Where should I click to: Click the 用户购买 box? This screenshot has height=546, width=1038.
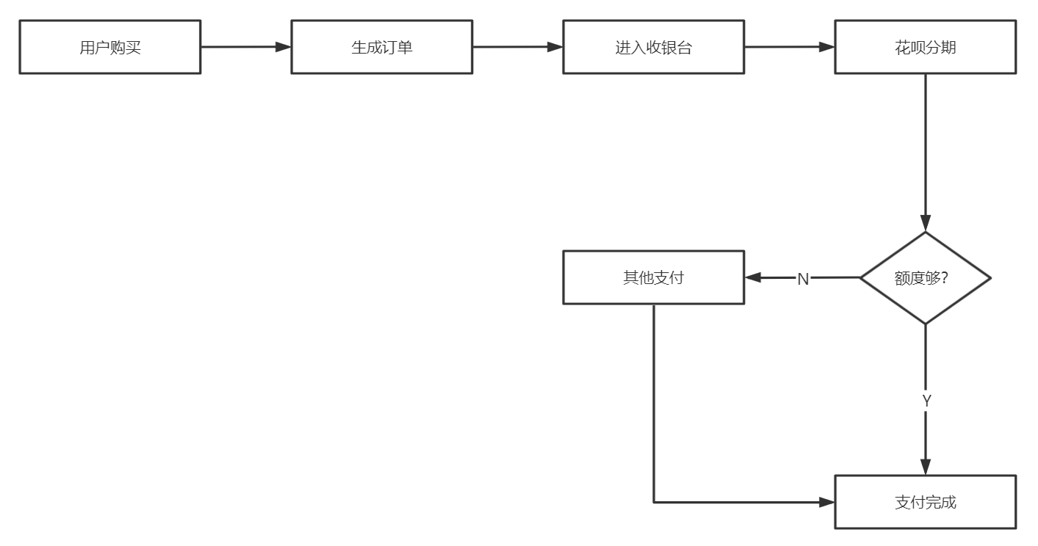click(x=110, y=47)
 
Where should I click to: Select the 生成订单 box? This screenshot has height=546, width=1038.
click(x=382, y=47)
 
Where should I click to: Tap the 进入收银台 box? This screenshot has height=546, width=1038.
click(x=654, y=47)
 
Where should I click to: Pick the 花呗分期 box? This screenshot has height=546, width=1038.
click(x=926, y=47)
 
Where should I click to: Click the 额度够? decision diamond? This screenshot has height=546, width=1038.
click(x=926, y=278)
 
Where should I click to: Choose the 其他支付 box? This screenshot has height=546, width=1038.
click(x=654, y=277)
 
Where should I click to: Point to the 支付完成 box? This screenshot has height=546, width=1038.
click(x=926, y=502)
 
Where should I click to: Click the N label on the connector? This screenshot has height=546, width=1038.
click(x=803, y=279)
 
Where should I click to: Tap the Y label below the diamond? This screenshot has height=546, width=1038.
click(x=926, y=401)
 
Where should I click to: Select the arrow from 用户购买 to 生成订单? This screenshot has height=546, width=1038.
click(x=246, y=47)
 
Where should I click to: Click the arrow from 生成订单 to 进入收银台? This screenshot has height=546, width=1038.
click(x=518, y=47)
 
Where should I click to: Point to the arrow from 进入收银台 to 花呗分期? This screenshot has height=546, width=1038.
click(x=790, y=47)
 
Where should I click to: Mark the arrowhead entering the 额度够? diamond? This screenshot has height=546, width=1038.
click(x=926, y=224)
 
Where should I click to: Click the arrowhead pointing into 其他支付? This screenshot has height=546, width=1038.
click(x=753, y=278)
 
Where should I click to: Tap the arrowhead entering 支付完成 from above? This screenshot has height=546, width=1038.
click(x=926, y=467)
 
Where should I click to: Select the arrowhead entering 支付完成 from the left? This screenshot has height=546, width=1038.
click(x=827, y=502)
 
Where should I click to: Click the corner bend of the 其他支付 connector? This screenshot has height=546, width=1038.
click(x=654, y=502)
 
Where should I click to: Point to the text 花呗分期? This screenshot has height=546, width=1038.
click(x=926, y=48)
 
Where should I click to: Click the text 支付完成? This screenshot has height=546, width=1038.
click(x=926, y=503)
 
